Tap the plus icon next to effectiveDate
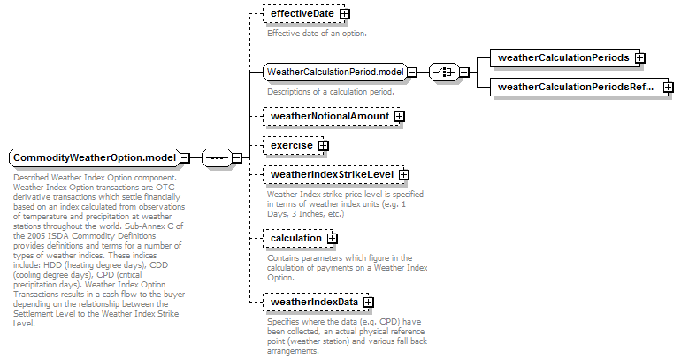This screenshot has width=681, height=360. (x=344, y=14)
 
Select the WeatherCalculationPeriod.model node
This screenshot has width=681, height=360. (x=335, y=72)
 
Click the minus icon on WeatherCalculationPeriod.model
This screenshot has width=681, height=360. (x=412, y=72)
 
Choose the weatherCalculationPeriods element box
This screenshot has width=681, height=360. (x=565, y=57)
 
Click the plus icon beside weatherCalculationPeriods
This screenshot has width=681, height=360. (x=639, y=57)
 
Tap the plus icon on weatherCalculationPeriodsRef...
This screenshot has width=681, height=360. (x=669, y=87)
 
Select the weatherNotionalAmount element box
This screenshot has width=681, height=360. (x=332, y=117)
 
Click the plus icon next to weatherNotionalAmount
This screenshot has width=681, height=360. (x=400, y=117)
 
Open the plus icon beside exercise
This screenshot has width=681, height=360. (x=323, y=145)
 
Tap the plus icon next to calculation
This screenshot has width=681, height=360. (x=333, y=239)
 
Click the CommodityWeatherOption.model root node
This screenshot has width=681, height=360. (x=95, y=157)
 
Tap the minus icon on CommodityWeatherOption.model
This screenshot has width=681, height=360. (x=185, y=157)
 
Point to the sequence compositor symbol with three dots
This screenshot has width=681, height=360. (x=218, y=157)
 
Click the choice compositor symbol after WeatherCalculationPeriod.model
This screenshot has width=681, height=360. (x=445, y=72)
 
